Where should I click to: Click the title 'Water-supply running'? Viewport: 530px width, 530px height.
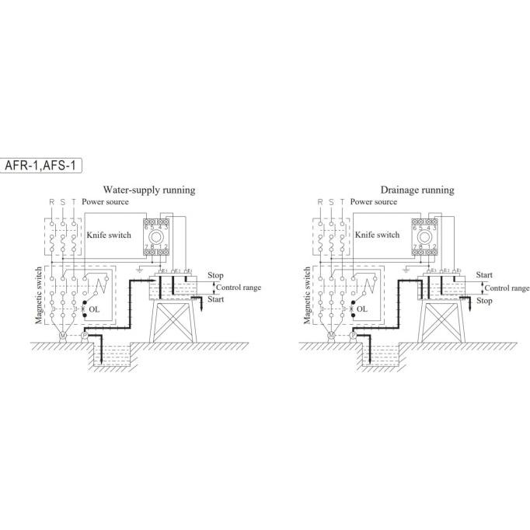pos(149,190)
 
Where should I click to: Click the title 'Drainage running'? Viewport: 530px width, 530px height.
pos(417,190)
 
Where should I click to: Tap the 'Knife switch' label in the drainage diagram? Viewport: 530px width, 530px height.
pos(377,234)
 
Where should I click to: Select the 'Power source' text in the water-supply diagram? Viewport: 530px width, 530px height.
pos(106,202)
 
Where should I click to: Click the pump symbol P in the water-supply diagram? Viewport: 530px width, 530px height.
pos(85,336)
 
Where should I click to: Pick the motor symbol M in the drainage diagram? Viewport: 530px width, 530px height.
pos(331,336)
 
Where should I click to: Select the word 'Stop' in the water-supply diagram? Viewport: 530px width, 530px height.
pos(216,275)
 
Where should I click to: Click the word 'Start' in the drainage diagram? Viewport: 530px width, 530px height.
pos(485,275)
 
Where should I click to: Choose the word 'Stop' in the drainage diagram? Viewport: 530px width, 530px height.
pos(483,300)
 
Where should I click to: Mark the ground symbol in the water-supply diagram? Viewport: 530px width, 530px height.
pos(138,270)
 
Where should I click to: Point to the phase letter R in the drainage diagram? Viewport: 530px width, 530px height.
pos(319,202)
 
